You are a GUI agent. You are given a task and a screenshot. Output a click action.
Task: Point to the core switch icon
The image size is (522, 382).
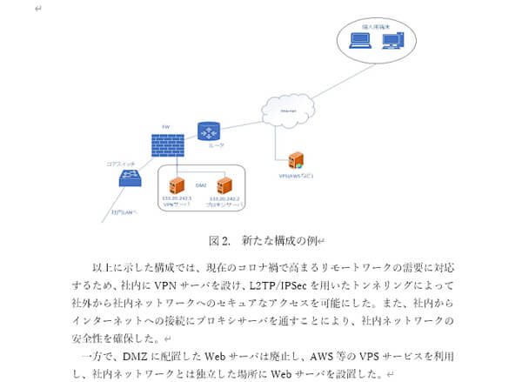click(x=132, y=178)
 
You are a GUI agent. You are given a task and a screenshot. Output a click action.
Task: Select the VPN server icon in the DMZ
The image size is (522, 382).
click(x=177, y=184)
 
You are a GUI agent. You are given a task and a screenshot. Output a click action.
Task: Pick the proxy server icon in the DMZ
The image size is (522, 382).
click(x=224, y=184)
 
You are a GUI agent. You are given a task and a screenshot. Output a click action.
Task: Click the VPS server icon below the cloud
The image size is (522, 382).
click(x=295, y=160)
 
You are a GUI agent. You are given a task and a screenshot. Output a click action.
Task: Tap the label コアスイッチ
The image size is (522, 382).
click(x=119, y=163)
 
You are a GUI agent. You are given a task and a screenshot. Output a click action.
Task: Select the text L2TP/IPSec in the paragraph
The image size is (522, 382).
click(x=259, y=285)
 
